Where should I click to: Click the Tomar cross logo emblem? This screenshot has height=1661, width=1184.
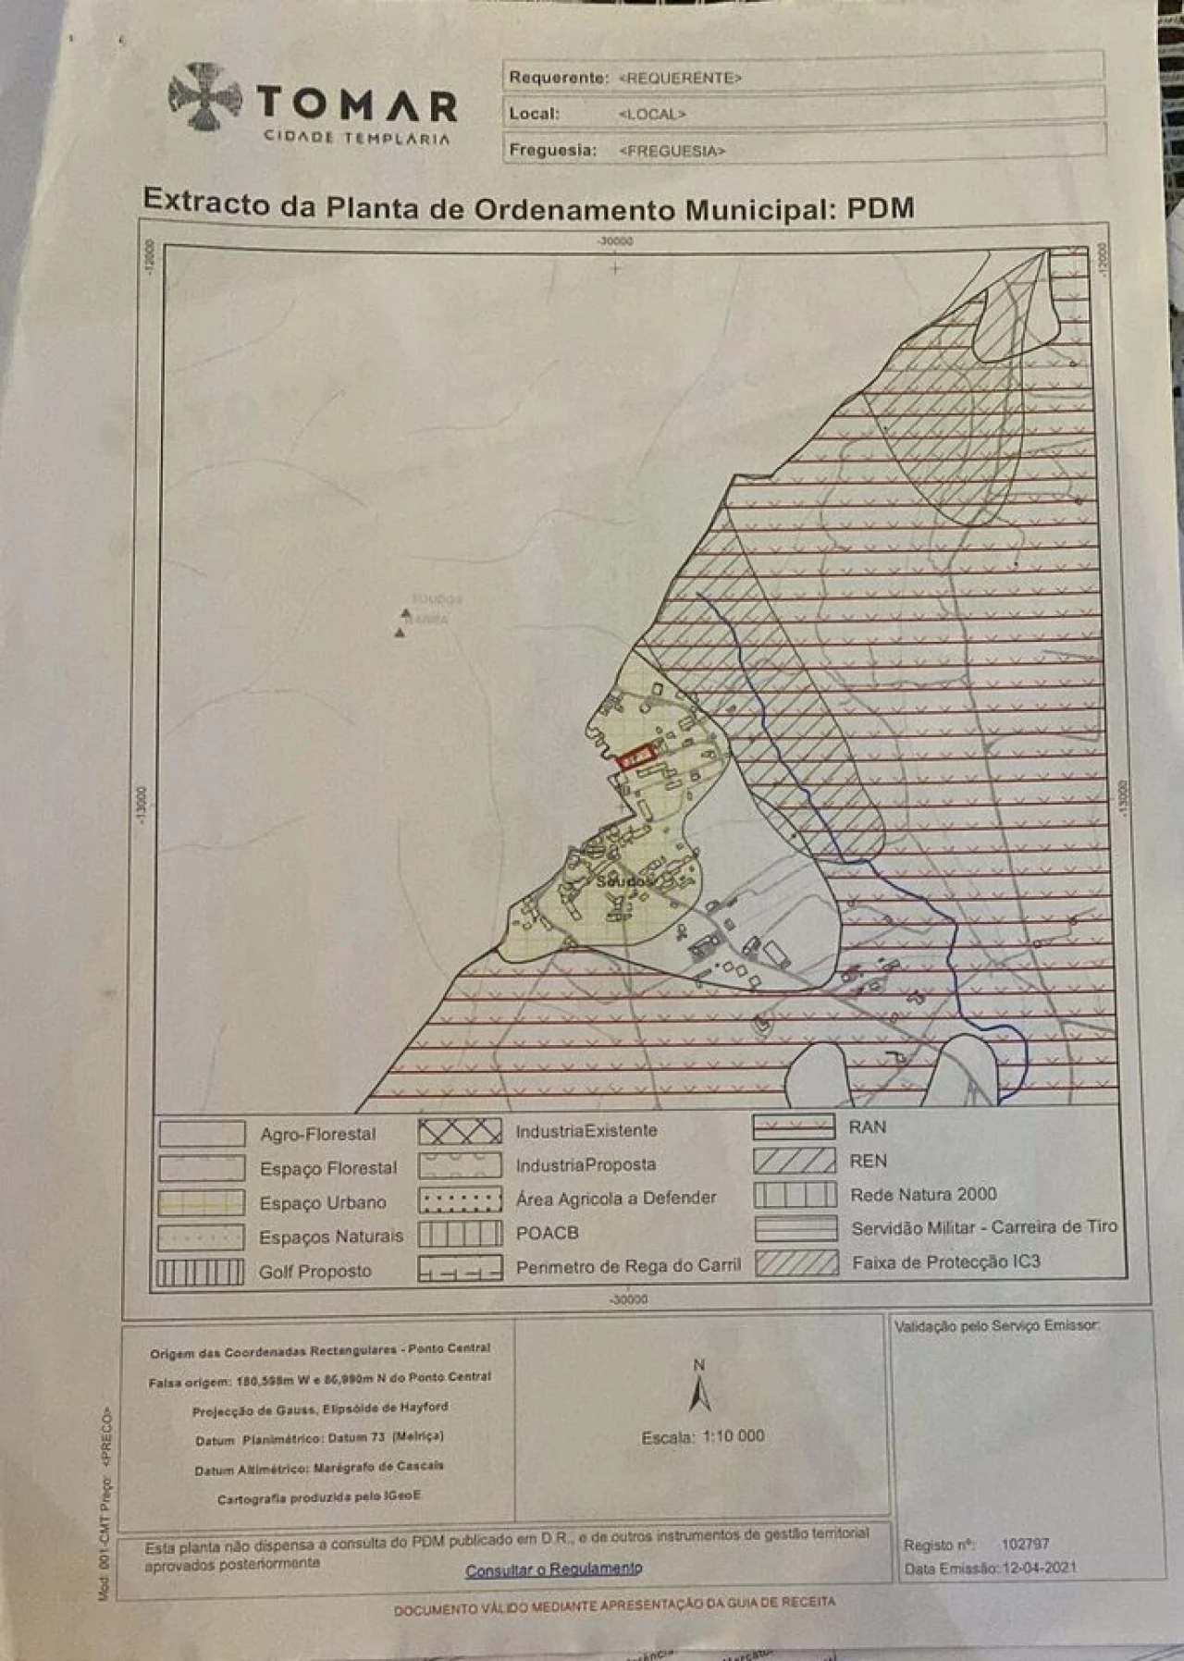click(205, 95)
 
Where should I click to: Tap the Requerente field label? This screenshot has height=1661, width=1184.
click(559, 78)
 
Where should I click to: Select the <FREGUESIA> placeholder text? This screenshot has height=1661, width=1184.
click(672, 151)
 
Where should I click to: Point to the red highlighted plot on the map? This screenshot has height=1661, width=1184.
click(635, 757)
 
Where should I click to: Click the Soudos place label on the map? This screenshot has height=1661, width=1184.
click(624, 881)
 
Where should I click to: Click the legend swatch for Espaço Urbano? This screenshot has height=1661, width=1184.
click(202, 1202)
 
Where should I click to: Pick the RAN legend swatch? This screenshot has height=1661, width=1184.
click(794, 1127)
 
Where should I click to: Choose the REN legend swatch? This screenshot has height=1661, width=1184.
click(794, 1161)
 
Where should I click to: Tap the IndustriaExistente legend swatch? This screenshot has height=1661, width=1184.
click(460, 1131)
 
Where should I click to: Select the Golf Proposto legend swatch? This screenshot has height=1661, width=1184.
click(200, 1273)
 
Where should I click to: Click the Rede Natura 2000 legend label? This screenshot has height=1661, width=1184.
click(923, 1194)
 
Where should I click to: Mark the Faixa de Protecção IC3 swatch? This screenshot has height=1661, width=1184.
click(796, 1262)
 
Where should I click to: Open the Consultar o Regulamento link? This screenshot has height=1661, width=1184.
click(553, 1569)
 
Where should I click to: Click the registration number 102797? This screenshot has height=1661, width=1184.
click(1025, 1544)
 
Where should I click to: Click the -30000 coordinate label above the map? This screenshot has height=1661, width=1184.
click(616, 241)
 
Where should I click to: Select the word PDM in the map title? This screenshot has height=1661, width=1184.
click(881, 207)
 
